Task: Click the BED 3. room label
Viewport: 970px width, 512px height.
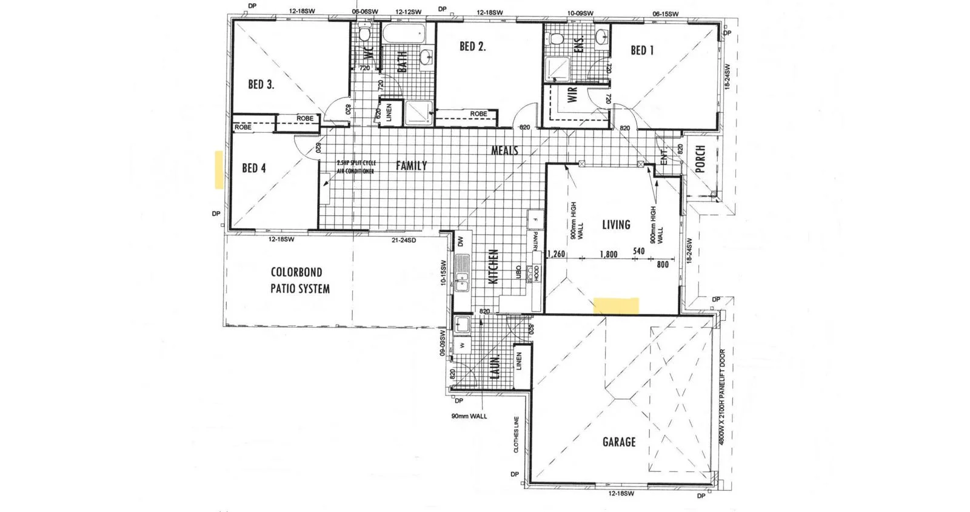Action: pos(261,84)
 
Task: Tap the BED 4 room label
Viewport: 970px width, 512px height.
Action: pos(253,168)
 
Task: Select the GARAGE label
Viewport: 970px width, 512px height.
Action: pos(619,442)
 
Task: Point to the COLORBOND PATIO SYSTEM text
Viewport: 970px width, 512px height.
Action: pos(300,280)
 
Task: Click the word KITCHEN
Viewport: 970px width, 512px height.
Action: pos(493,266)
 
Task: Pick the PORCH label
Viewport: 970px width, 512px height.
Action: pos(700,159)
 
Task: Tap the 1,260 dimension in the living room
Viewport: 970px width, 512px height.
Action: pos(555,254)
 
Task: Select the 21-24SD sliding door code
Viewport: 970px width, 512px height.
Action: pos(403,240)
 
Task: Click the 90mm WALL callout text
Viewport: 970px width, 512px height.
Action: pos(469,416)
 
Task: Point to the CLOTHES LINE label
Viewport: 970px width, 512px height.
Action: pos(516,434)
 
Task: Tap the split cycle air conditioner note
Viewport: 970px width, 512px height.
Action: pos(356,167)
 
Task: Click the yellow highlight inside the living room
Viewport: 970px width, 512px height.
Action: pos(616,305)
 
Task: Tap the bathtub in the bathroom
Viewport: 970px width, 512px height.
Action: pos(404,33)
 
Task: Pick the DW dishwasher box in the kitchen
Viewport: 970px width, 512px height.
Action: pos(461,241)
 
